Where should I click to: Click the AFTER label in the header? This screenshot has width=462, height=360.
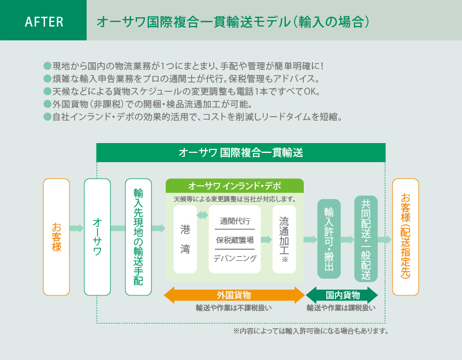click(44, 22)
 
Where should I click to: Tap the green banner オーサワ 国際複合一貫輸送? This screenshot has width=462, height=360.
click(240, 153)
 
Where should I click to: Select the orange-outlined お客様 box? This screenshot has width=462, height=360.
click(57, 237)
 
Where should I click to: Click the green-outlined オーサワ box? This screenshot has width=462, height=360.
click(97, 237)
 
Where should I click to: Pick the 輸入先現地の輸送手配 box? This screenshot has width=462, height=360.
click(138, 237)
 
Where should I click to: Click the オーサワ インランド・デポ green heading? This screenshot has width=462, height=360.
click(234, 186)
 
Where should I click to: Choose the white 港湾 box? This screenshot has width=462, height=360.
click(185, 239)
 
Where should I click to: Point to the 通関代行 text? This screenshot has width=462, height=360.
click(234, 221)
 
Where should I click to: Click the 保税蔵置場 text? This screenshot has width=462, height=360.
click(234, 239)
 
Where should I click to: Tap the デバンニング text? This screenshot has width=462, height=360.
click(234, 258)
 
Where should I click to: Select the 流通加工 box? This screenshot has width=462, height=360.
click(284, 239)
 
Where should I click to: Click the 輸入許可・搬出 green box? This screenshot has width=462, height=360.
click(329, 239)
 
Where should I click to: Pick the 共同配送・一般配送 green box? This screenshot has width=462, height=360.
click(366, 239)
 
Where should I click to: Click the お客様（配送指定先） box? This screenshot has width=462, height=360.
click(405, 237)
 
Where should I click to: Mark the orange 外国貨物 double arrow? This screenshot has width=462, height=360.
click(234, 295)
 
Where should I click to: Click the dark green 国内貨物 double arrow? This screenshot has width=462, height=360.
click(342, 295)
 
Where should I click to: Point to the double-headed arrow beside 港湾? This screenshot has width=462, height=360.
click(202, 215)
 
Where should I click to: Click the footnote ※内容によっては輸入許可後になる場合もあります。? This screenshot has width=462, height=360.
click(310, 331)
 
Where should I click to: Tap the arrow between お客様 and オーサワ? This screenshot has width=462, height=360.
click(77, 228)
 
